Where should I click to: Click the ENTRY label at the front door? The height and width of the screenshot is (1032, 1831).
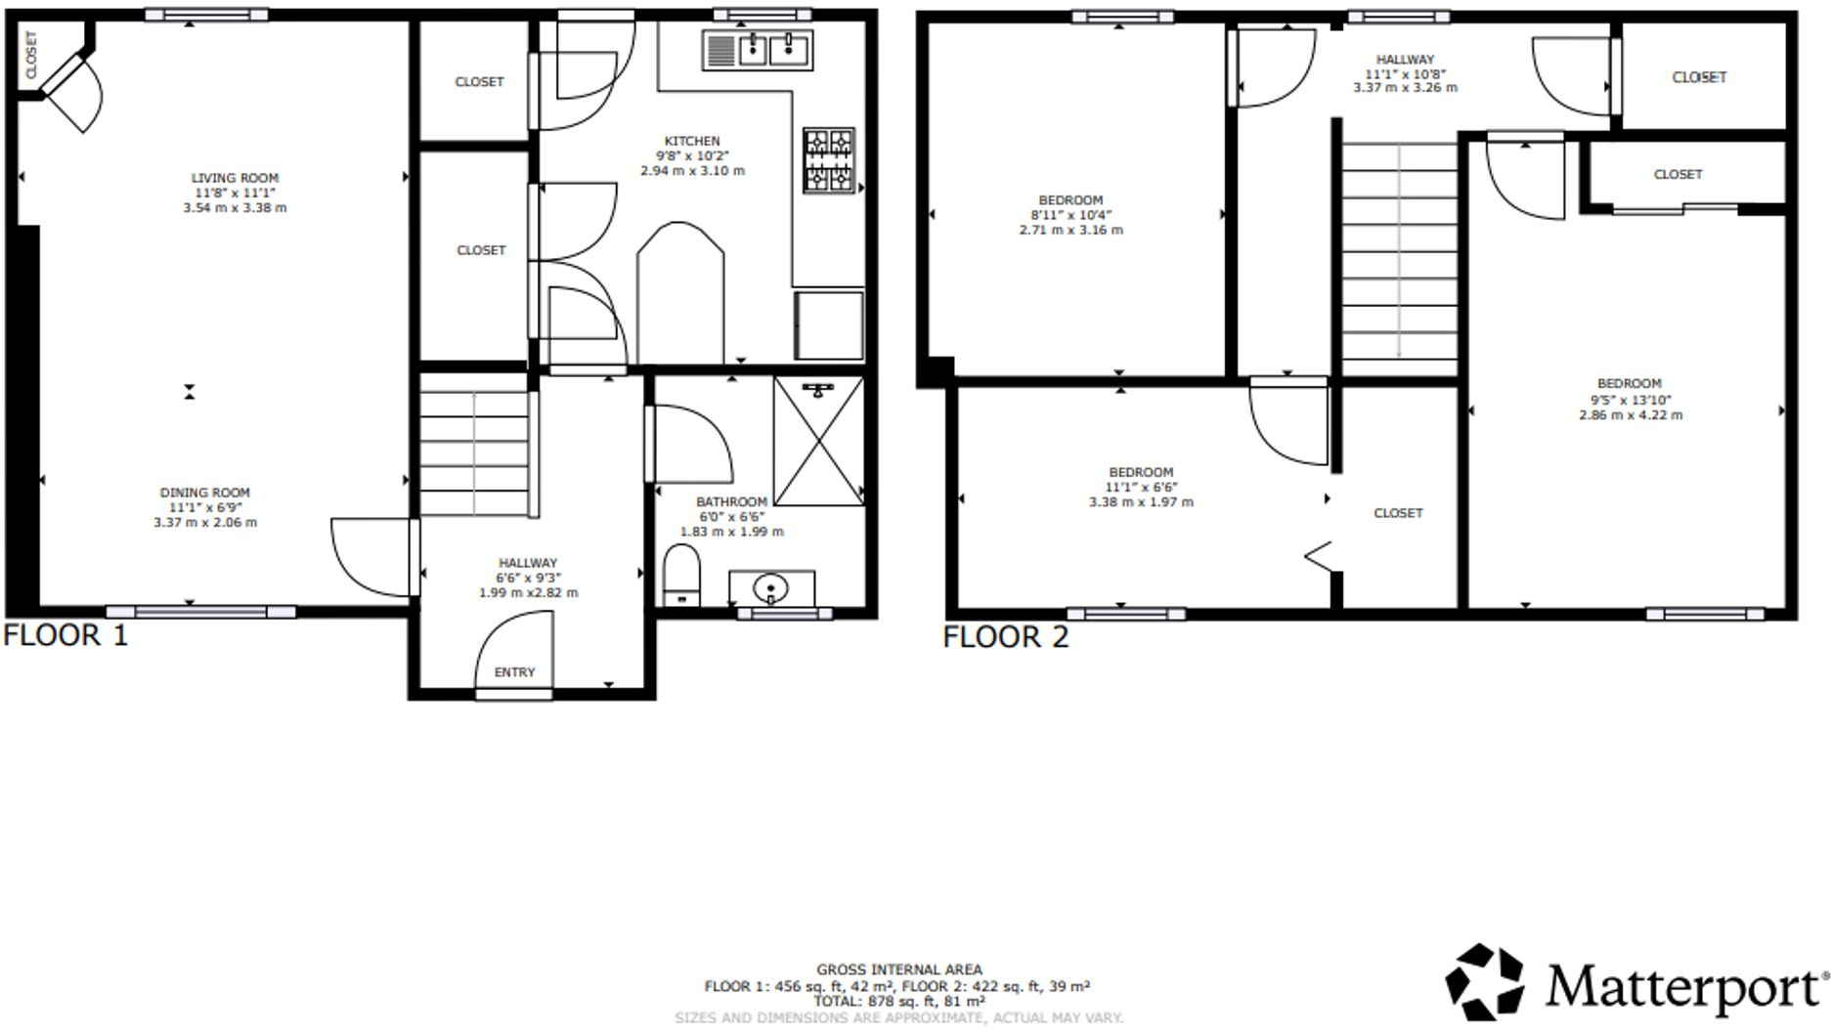click(514, 672)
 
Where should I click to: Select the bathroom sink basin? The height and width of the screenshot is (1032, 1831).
click(770, 588)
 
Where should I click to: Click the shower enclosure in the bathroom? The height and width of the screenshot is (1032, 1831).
click(818, 442)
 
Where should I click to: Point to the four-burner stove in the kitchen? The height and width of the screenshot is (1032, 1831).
click(829, 160)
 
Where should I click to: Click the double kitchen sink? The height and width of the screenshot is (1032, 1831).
click(758, 50)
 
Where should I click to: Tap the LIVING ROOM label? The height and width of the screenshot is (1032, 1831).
click(235, 178)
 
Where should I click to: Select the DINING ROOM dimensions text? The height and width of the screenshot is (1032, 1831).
click(205, 515)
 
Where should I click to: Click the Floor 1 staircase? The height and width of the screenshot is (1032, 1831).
click(475, 451)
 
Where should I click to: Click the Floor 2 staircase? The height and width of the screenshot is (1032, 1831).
click(1399, 257)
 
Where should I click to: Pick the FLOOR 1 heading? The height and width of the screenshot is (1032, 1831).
click(65, 635)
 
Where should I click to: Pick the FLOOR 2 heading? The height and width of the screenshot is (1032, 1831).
click(1005, 637)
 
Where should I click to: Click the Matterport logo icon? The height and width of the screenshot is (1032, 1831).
click(1484, 982)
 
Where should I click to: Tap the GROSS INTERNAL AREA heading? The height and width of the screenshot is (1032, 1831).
click(899, 969)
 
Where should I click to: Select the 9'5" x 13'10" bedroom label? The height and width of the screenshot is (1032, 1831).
click(1630, 400)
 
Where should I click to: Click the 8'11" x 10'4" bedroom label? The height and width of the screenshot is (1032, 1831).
click(1070, 215)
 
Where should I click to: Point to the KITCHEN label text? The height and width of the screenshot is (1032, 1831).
click(692, 141)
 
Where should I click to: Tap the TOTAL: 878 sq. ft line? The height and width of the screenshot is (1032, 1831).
click(899, 1002)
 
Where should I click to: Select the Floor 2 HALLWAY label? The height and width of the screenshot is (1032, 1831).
click(1405, 60)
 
